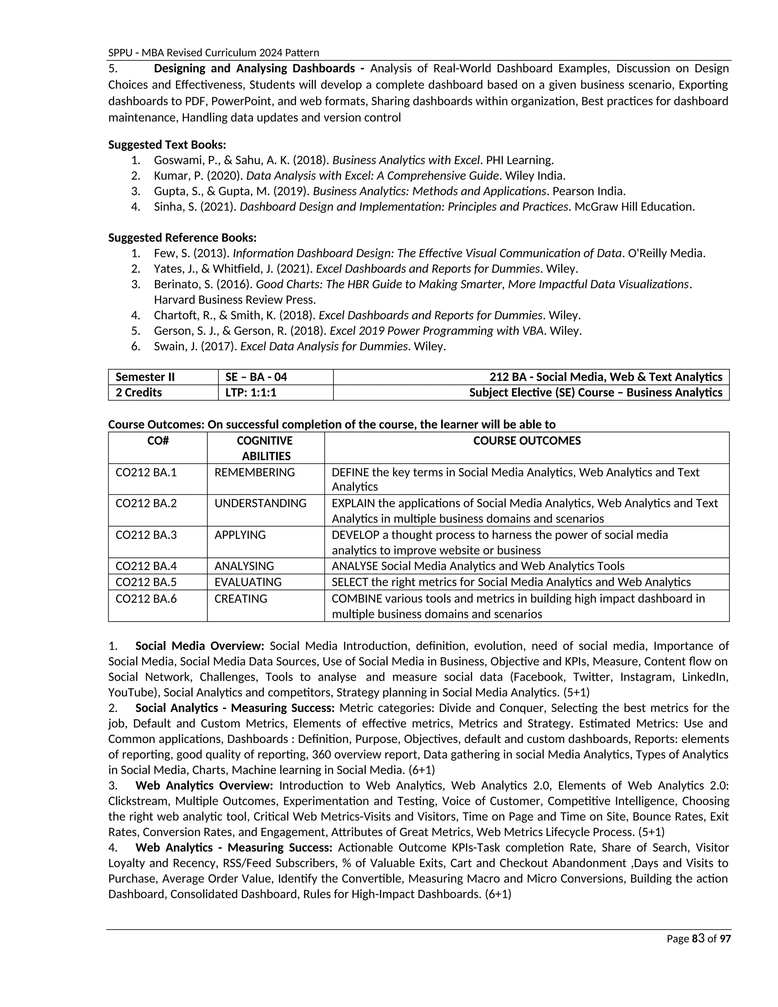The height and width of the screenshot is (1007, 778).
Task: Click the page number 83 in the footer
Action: tap(698, 938)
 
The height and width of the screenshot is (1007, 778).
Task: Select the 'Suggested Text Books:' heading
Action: tap(167, 145)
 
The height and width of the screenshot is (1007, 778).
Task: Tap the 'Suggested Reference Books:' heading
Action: tap(182, 237)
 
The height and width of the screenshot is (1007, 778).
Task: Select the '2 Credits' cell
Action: tap(139, 393)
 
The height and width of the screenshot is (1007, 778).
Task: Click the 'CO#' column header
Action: tap(158, 441)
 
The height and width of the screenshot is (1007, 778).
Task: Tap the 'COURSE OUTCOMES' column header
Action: tap(527, 441)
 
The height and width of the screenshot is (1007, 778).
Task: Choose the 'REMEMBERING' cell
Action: tap(255, 472)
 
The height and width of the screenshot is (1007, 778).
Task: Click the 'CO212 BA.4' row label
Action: tap(146, 566)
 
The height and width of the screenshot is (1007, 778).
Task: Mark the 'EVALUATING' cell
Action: tap(248, 582)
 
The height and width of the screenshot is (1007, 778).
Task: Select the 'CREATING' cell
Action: tap(240, 598)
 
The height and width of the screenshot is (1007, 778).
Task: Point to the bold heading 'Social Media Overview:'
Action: tap(199, 646)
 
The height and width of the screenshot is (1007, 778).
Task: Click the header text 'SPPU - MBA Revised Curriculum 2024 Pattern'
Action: tap(213, 52)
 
